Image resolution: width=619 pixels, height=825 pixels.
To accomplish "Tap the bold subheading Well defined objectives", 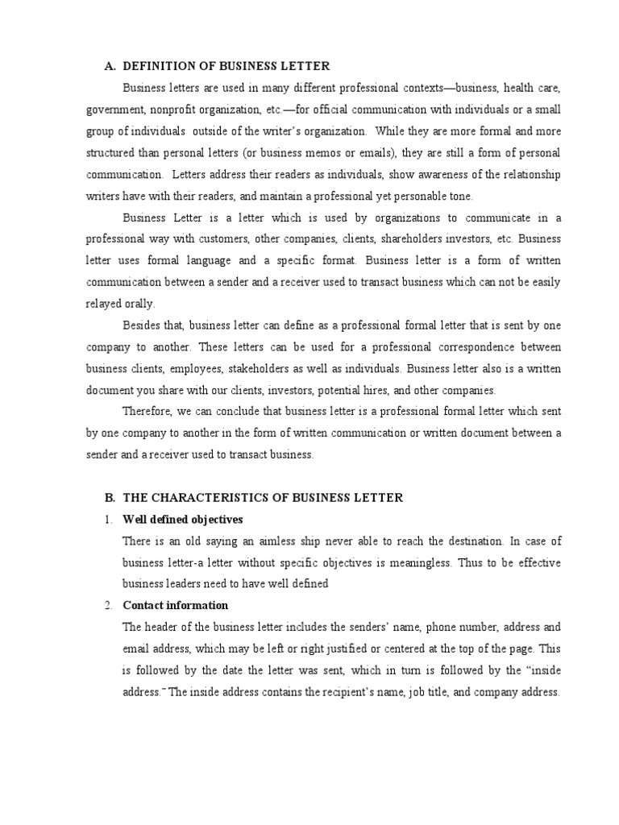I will pyautogui.click(x=182, y=519).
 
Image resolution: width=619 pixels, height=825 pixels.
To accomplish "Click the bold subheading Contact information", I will pyautogui.click(x=175, y=605).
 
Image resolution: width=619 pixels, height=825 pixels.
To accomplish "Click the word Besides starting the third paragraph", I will pyautogui.click(x=141, y=325).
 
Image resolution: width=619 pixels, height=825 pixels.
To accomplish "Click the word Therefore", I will pyautogui.click(x=147, y=411).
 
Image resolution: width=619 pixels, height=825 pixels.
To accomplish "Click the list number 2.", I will pyautogui.click(x=107, y=605).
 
